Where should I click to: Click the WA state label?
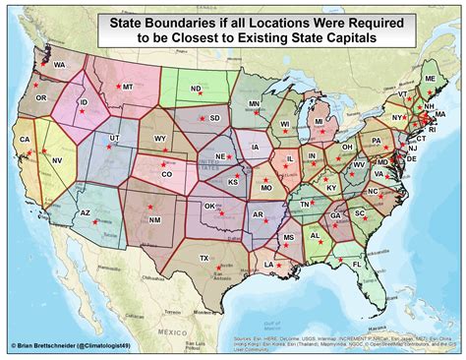58,65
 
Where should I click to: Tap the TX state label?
204,259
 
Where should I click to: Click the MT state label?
127,88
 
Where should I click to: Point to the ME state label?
430,78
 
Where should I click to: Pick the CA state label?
25,140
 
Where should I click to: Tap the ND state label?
196,89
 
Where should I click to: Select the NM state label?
155,219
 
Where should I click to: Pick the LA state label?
269,264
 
